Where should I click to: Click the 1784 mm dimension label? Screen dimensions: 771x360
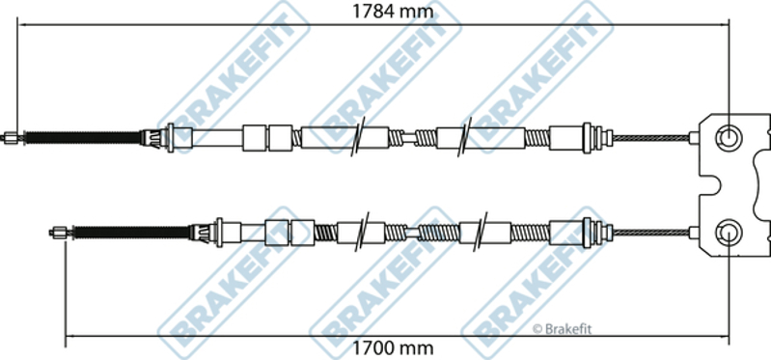click(x=393, y=11)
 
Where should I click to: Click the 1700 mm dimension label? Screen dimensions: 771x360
click(x=393, y=348)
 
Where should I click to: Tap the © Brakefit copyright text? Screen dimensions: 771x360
click(x=562, y=329)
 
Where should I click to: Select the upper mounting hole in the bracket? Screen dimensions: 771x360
click(x=728, y=137)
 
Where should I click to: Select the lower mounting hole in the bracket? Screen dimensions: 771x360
click(x=728, y=232)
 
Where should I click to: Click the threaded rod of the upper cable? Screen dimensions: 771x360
click(x=82, y=138)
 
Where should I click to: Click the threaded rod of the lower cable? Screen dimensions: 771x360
click(x=131, y=233)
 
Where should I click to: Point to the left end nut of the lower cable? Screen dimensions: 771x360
click(x=61, y=233)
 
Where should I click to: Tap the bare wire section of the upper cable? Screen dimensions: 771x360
click(x=651, y=138)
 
